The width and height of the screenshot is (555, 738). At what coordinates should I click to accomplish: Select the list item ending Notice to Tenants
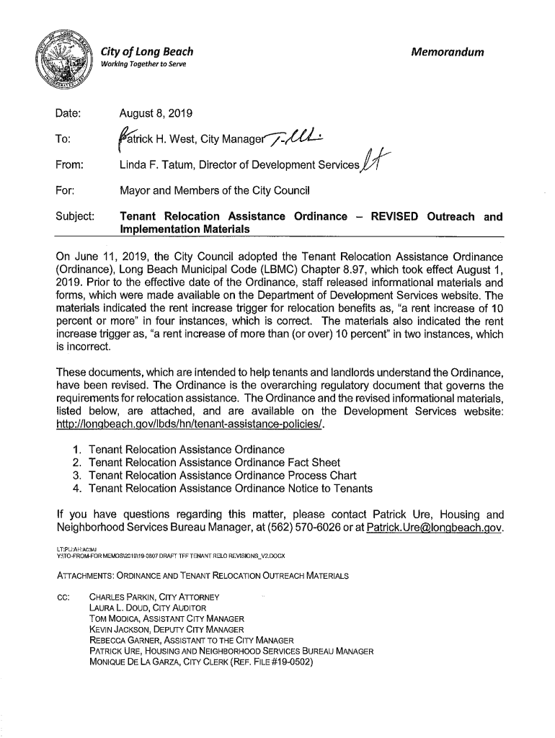230,489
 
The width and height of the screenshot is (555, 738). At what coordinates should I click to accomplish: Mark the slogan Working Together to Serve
143,65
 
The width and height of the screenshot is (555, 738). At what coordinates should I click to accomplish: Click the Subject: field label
74,216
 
